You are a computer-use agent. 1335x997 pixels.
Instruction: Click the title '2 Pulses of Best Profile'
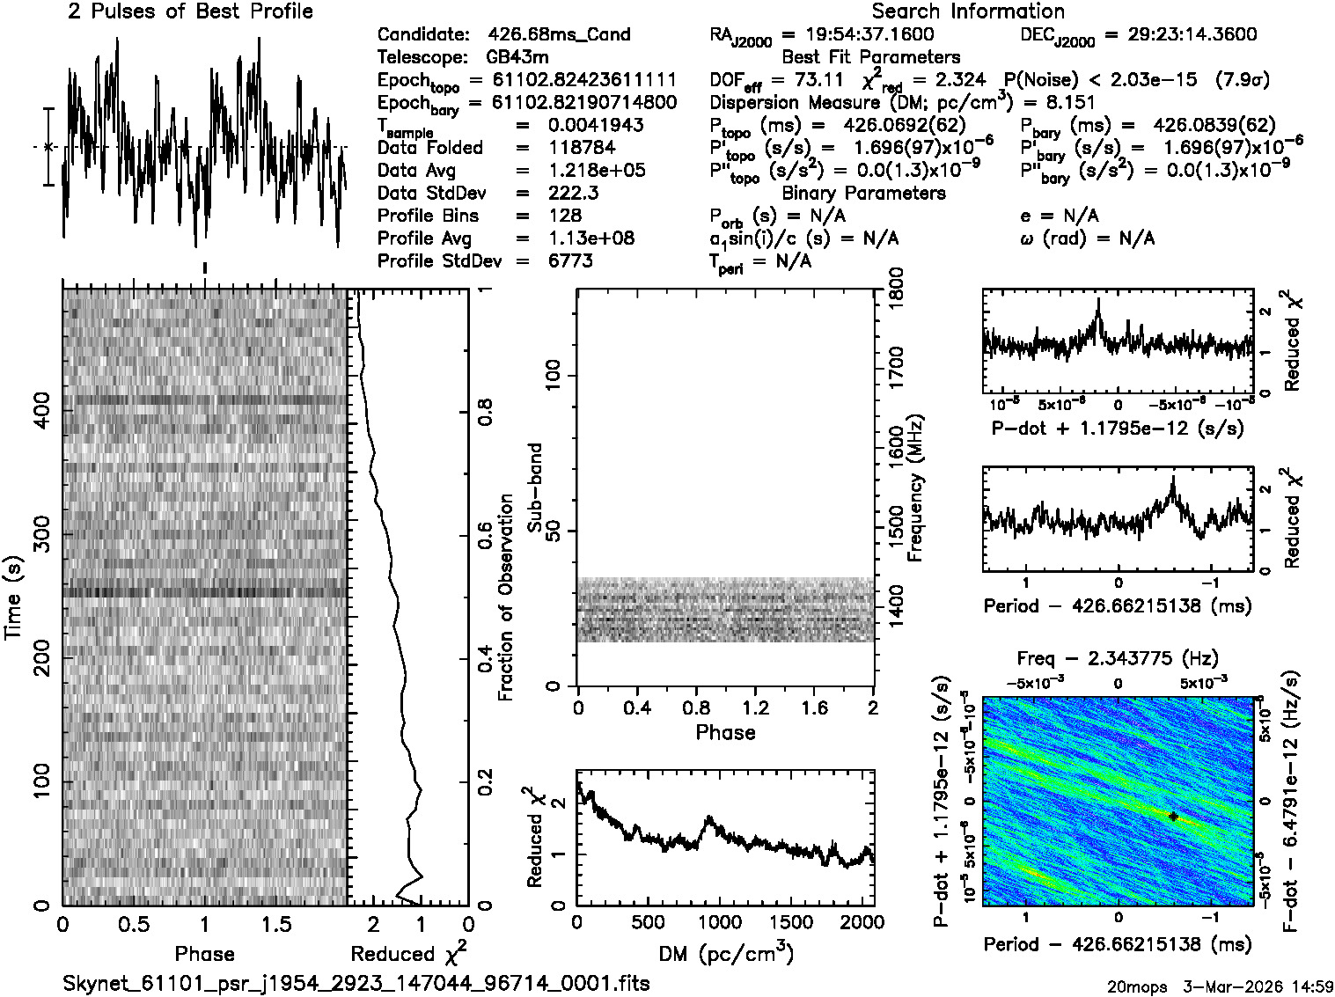tap(190, 11)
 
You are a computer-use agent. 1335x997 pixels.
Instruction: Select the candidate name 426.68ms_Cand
tap(559, 35)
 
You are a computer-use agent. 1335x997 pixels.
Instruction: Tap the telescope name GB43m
tap(521, 58)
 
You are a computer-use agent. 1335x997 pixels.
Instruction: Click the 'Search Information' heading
tap(968, 11)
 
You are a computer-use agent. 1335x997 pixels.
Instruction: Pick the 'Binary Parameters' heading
tap(863, 194)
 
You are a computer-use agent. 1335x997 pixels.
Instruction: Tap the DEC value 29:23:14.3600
tap(1180, 35)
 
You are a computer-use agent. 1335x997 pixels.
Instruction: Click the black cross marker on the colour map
tap(1173, 817)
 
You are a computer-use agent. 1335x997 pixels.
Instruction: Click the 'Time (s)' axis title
tap(13, 598)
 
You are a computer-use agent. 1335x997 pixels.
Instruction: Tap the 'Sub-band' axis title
tap(534, 488)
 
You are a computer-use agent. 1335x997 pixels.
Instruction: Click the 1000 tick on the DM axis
tap(719, 922)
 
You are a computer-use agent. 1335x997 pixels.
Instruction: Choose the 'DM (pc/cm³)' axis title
tap(725, 953)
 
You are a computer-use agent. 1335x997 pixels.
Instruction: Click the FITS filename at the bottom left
tap(356, 983)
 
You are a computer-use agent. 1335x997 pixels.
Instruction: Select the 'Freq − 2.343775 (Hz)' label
tap(1118, 658)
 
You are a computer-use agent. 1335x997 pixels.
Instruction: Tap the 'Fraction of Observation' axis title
tap(505, 598)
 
